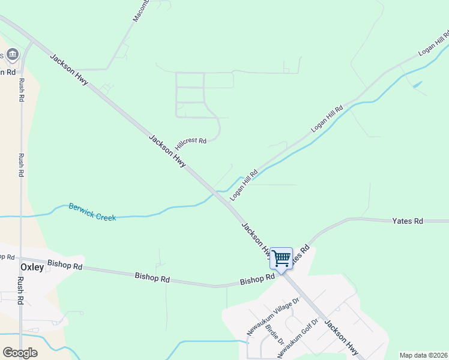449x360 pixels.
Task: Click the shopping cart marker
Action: [281, 258]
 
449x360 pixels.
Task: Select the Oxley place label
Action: [32, 267]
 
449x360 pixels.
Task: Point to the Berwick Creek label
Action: [92, 211]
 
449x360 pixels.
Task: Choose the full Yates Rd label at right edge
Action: [408, 221]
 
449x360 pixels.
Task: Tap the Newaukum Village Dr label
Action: [273, 317]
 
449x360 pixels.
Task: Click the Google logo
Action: [20, 353]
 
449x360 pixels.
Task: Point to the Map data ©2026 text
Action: [424, 355]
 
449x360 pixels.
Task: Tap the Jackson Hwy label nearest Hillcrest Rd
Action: [167, 151]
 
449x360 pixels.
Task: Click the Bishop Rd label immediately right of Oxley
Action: [65, 265]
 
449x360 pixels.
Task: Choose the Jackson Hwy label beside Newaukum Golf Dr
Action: [341, 337]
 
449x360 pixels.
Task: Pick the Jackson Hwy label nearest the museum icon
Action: [69, 73]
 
